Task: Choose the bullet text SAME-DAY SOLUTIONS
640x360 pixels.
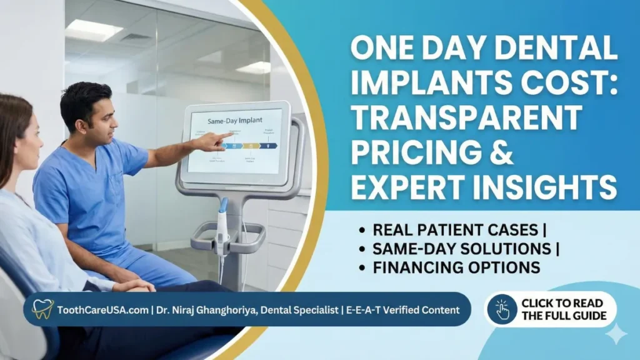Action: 460,248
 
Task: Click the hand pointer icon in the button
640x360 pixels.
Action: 502,309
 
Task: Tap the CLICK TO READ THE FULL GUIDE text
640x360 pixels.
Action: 564,309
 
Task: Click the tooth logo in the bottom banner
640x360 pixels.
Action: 42,309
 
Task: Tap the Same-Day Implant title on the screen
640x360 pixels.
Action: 234,119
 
